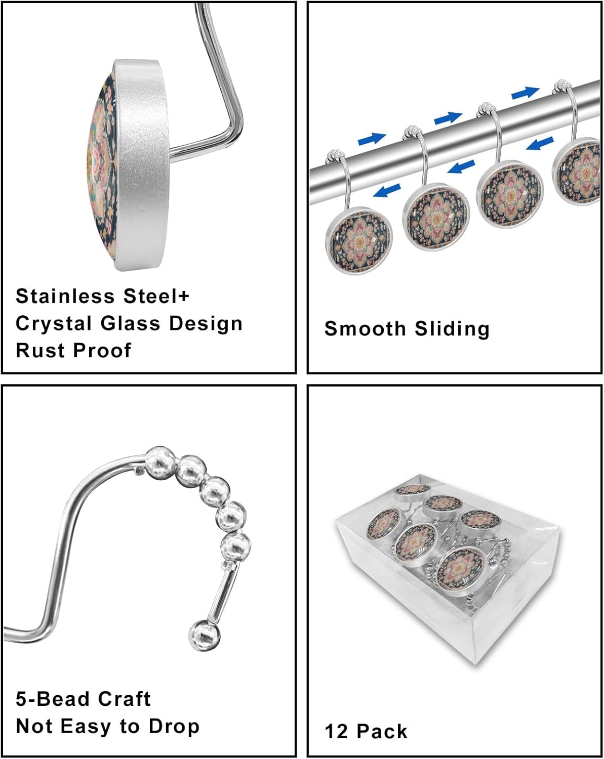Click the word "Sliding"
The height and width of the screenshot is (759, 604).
point(452,329)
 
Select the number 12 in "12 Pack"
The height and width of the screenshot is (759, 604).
point(336,732)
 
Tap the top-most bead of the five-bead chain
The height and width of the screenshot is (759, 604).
point(160,459)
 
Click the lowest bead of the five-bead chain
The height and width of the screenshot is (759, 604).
point(236,547)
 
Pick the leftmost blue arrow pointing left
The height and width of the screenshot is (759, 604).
point(386,191)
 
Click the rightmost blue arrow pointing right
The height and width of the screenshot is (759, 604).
point(525,93)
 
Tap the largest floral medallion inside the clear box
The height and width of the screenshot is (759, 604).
point(461,571)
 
